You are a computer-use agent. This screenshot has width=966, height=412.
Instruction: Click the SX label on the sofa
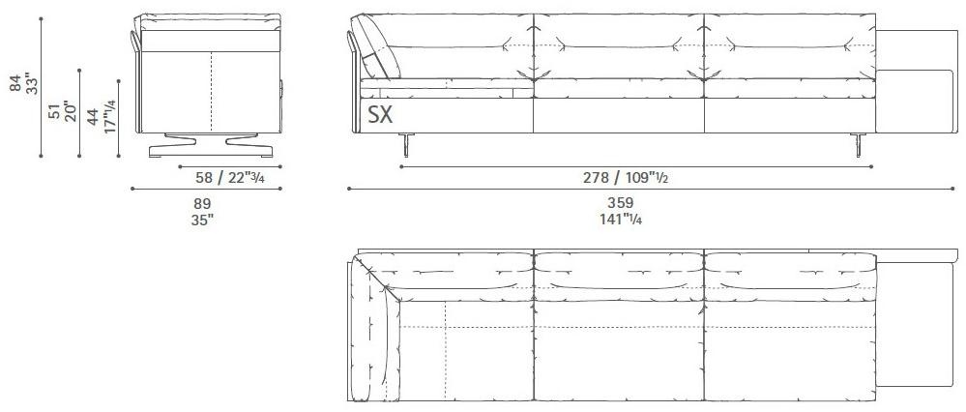coord(379,116)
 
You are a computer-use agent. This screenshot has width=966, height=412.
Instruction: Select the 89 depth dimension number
coord(202,203)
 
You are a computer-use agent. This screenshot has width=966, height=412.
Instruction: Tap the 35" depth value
coord(202,220)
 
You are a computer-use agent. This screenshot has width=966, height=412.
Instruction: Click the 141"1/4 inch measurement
coord(622,220)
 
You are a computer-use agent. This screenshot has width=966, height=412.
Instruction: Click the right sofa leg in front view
coord(858,144)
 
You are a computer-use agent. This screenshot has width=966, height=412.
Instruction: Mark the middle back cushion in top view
coord(619,269)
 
